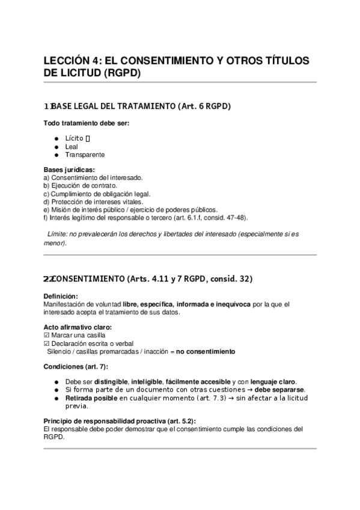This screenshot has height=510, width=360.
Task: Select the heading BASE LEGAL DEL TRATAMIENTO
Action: [114, 106]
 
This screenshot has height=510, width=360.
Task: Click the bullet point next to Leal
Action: [56, 146]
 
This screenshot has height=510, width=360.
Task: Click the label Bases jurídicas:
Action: [69, 170]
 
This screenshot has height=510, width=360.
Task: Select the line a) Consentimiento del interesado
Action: [93, 178]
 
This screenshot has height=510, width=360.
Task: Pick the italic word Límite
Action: [56, 235]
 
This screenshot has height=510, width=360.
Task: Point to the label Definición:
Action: [61, 296]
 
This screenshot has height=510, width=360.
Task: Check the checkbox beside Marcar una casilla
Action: [47, 335]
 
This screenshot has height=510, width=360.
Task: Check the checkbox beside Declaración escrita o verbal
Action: [47, 343]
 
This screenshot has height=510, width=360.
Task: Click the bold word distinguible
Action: [105, 382]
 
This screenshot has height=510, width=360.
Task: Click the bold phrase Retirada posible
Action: [91, 398]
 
